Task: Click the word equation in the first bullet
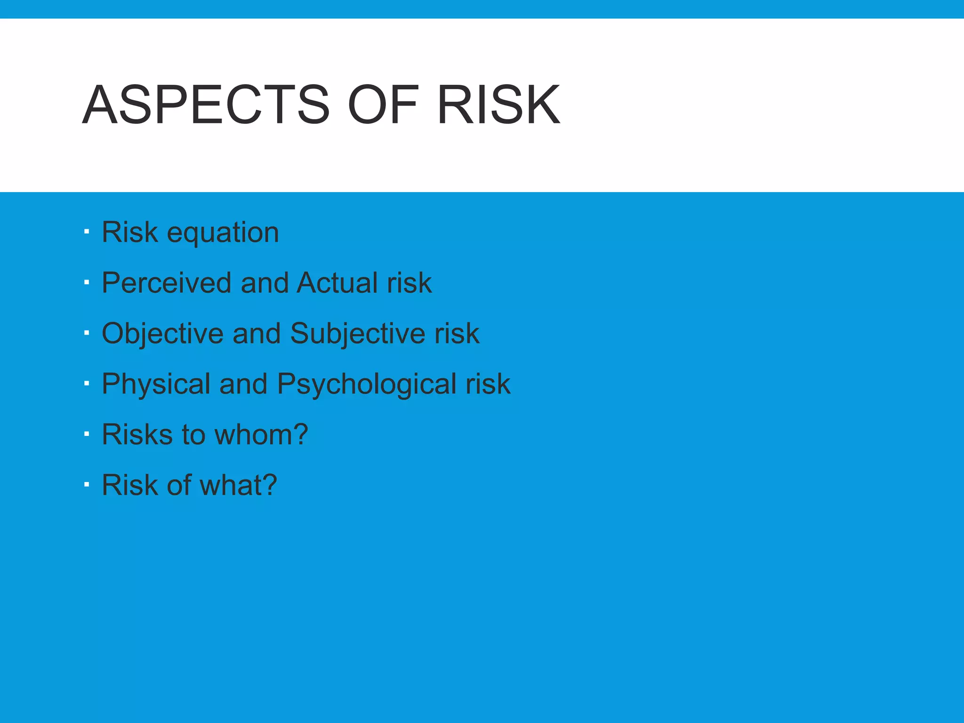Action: tap(223, 233)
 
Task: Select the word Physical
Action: tap(156, 385)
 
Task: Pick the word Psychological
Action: tap(367, 385)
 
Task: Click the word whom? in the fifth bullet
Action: tap(261, 434)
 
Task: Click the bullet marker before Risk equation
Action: tap(87, 232)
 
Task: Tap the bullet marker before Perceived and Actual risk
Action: tap(87, 282)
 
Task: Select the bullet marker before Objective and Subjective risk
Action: tap(87, 333)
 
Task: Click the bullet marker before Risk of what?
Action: tap(87, 484)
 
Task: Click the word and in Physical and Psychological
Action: tap(243, 384)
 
